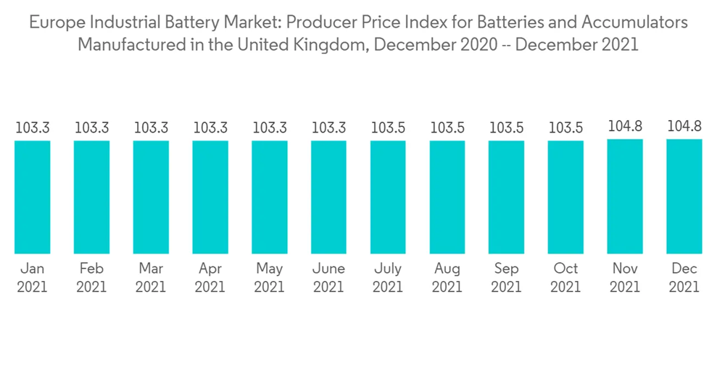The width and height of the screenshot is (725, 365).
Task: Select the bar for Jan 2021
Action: (33, 197)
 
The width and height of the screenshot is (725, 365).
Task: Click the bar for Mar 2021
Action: (151, 197)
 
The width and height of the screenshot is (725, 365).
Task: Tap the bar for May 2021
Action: (270, 197)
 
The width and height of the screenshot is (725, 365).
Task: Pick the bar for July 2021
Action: (388, 197)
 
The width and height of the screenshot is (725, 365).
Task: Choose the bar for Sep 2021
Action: (506, 197)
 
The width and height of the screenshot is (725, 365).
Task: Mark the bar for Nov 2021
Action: (625, 196)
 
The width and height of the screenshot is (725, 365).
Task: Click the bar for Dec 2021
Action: (684, 196)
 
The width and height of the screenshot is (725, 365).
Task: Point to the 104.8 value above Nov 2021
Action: (625, 127)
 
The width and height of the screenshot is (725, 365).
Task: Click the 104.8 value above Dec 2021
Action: (684, 127)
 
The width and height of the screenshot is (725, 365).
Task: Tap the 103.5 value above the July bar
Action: (388, 128)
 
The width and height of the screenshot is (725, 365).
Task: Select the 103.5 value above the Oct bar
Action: (565, 128)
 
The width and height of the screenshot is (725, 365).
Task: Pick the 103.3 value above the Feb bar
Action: (92, 128)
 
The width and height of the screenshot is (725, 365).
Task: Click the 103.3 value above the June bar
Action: (328, 128)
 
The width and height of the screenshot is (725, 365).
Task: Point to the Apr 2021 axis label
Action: (210, 278)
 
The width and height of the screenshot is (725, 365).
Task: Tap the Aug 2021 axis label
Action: (447, 278)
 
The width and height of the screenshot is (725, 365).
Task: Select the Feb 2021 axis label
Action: (92, 278)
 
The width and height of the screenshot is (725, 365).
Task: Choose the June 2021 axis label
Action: (328, 278)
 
